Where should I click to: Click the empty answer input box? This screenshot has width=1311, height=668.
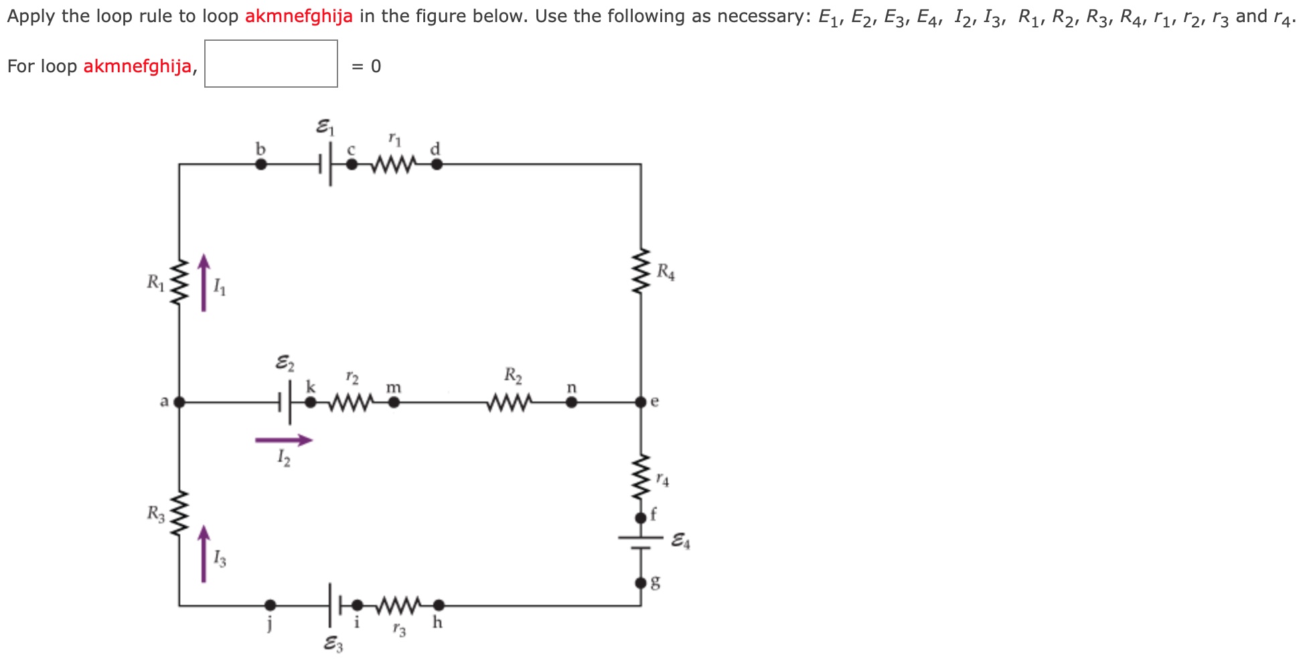click(271, 64)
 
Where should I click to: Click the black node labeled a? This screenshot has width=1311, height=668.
click(179, 402)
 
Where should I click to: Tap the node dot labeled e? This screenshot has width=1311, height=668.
click(641, 402)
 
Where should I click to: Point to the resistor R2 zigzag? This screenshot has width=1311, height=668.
click(511, 402)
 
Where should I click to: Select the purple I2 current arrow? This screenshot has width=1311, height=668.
click(284, 440)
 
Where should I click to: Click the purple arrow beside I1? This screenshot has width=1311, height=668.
click(204, 282)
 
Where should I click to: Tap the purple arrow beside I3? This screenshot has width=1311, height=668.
click(204, 554)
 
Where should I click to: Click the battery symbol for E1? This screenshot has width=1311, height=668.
click(325, 164)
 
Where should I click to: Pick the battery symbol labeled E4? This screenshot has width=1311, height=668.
click(641, 543)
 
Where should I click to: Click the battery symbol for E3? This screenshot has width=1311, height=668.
click(335, 606)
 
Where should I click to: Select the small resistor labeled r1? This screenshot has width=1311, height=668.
click(392, 164)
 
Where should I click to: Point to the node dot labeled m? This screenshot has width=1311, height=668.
click(394, 402)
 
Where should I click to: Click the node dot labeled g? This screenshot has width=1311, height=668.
click(641, 583)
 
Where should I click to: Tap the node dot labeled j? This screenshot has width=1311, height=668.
click(270, 606)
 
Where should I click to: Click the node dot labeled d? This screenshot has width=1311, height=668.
click(437, 164)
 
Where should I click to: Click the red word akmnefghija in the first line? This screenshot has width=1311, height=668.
click(299, 16)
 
